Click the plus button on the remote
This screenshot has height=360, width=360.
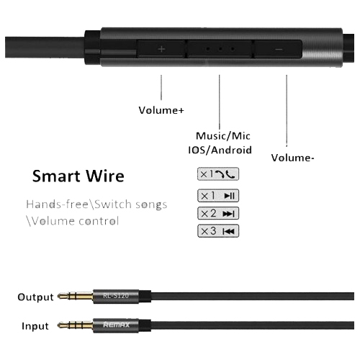pyautogui.click(x=161, y=49)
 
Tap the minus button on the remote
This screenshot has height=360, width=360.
pyautogui.click(x=279, y=49)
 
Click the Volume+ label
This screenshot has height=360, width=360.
pyautogui.click(x=161, y=110)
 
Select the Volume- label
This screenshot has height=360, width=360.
pyautogui.click(x=292, y=158)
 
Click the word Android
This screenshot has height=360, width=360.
pyautogui.click(x=232, y=150)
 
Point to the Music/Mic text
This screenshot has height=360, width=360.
pyautogui.click(x=223, y=136)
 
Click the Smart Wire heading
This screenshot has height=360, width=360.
pyautogui.click(x=78, y=176)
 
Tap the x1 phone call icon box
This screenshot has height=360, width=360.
pyautogui.click(x=218, y=174)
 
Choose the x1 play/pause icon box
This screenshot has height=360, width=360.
pyautogui.click(x=218, y=196)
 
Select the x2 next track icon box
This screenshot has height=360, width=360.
pyautogui.click(x=218, y=213)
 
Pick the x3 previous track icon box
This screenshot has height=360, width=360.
pyautogui.click(x=218, y=231)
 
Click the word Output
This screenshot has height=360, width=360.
pyautogui.click(x=35, y=297)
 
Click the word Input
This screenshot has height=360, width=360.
pyautogui.click(x=35, y=326)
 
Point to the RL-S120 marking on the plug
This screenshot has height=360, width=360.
pyautogui.click(x=116, y=296)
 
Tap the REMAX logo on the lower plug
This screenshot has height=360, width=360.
pyautogui.click(x=117, y=325)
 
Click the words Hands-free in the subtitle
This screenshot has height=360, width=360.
pyautogui.click(x=57, y=204)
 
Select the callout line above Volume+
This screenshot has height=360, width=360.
pyautogui.click(x=161, y=87)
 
